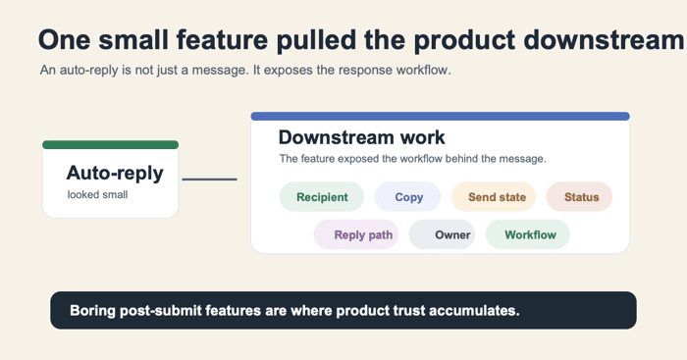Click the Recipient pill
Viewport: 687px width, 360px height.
click(322, 196)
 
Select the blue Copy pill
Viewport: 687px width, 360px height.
click(407, 196)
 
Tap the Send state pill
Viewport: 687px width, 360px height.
click(494, 196)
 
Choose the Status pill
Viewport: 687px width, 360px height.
click(579, 196)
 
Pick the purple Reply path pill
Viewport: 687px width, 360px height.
click(355, 234)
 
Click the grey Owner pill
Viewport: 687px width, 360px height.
click(442, 234)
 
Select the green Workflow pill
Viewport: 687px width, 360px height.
click(528, 234)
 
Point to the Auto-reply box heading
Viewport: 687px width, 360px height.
click(115, 173)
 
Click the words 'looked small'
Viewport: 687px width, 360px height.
click(97, 194)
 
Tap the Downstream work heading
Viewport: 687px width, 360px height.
click(361, 137)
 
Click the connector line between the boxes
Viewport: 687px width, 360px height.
click(209, 180)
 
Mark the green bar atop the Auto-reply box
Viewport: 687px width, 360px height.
click(110, 145)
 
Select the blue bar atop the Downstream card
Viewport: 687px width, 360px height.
click(441, 116)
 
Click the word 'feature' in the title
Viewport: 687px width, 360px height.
click(222, 40)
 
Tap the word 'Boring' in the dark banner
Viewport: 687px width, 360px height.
click(92, 311)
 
